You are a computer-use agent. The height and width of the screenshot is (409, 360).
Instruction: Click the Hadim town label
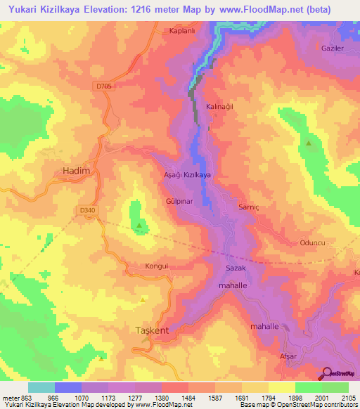72,171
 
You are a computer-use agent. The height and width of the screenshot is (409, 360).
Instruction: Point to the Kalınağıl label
219,106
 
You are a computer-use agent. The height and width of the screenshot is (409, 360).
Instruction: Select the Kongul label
139,267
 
